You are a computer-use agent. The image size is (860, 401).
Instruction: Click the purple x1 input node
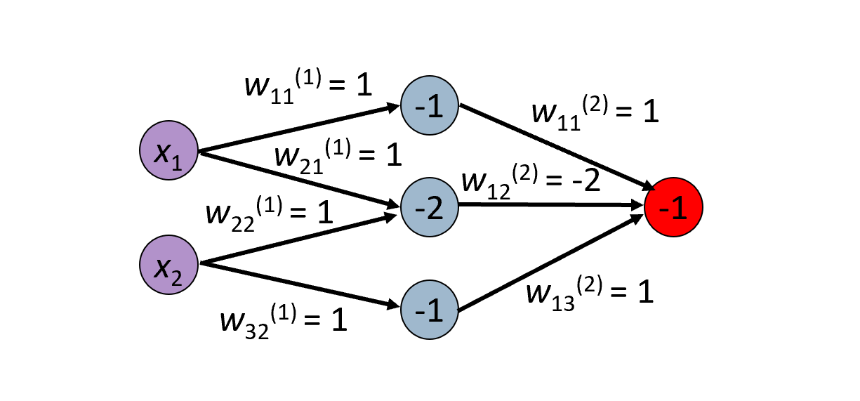coord(168,151)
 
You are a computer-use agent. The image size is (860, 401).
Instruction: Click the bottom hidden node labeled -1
coord(429,308)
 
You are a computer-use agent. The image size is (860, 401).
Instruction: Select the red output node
coord(673,206)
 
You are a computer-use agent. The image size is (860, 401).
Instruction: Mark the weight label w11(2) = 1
coord(595,112)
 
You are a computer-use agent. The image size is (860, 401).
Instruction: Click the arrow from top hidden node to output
coord(555,148)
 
